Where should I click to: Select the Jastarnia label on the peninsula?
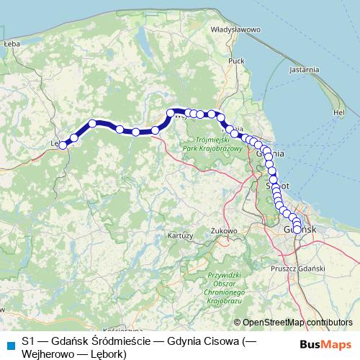[303, 70]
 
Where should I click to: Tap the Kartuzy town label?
[179, 235]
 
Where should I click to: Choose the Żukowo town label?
[225, 230]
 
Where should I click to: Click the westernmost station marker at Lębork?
[63, 145]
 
